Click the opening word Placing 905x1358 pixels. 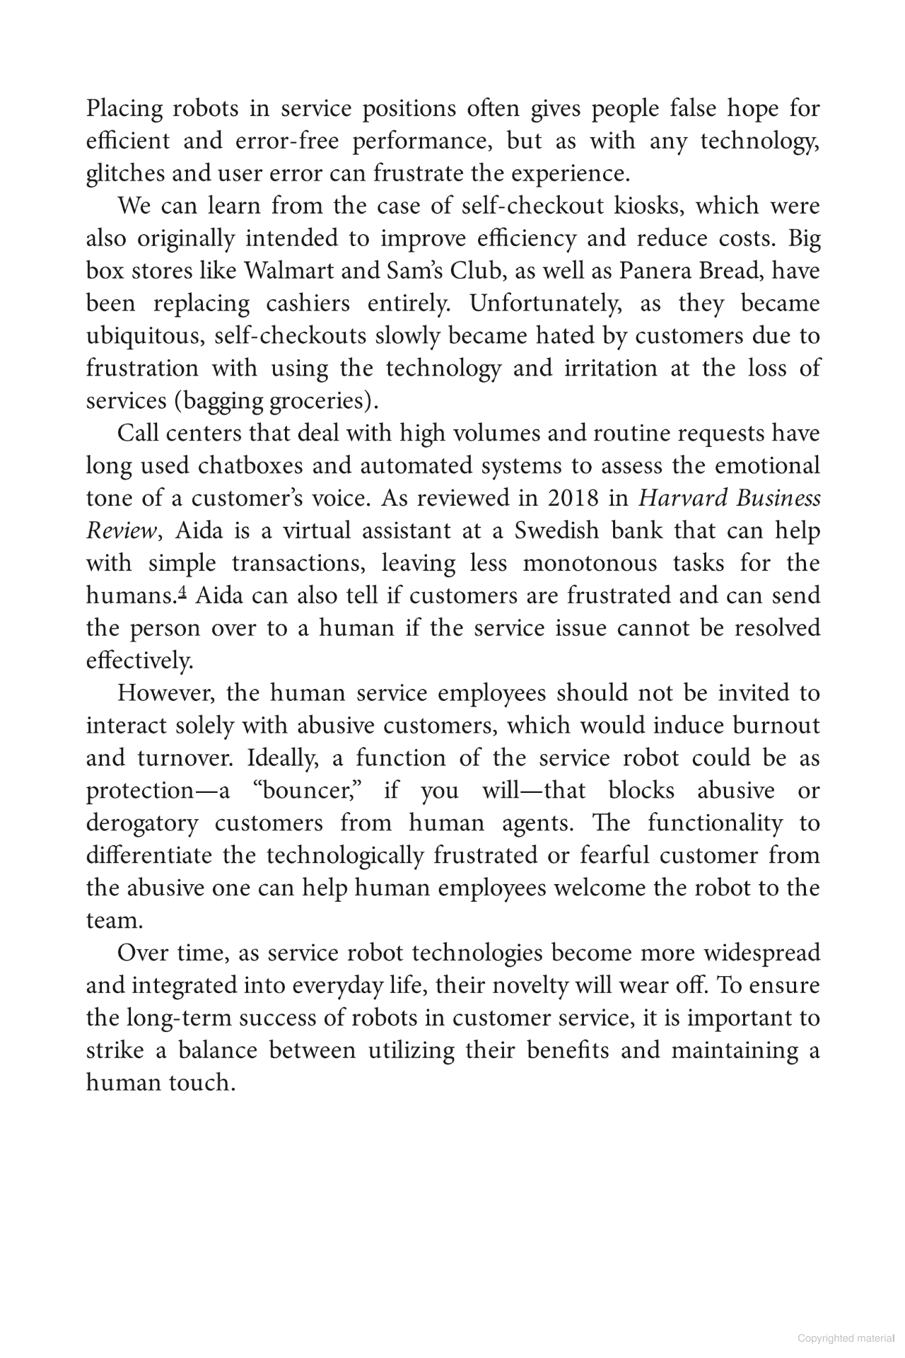click(x=124, y=109)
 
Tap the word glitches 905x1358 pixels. click(x=121, y=174)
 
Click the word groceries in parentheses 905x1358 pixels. click(x=323, y=401)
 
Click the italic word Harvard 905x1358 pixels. click(x=683, y=499)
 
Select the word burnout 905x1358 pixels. click(x=776, y=726)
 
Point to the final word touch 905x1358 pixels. click(x=200, y=1084)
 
